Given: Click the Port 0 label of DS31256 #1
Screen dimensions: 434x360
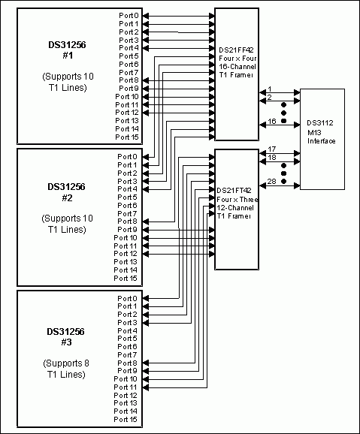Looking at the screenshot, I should point(128,15).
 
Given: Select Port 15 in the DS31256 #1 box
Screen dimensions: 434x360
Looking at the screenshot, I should point(126,137).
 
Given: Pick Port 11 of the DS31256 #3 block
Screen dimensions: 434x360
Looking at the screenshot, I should point(126,387).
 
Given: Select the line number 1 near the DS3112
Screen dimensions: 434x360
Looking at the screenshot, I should point(270,89).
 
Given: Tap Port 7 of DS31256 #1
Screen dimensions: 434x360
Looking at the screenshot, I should point(128,72).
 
